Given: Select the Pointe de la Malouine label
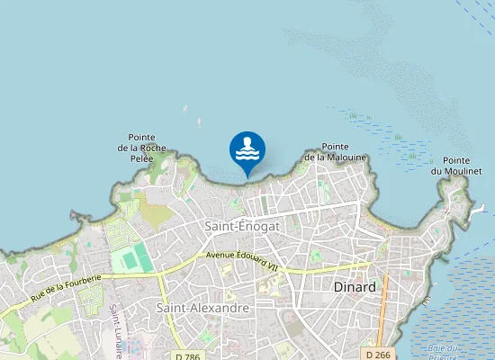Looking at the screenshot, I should (335, 152).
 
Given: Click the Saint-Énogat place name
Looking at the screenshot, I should (242, 227).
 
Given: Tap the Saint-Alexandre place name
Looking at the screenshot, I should (202, 308).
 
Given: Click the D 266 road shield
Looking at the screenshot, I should (378, 354).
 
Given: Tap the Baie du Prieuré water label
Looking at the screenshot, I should (445, 351).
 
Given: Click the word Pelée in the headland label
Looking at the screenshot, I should (142, 158).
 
